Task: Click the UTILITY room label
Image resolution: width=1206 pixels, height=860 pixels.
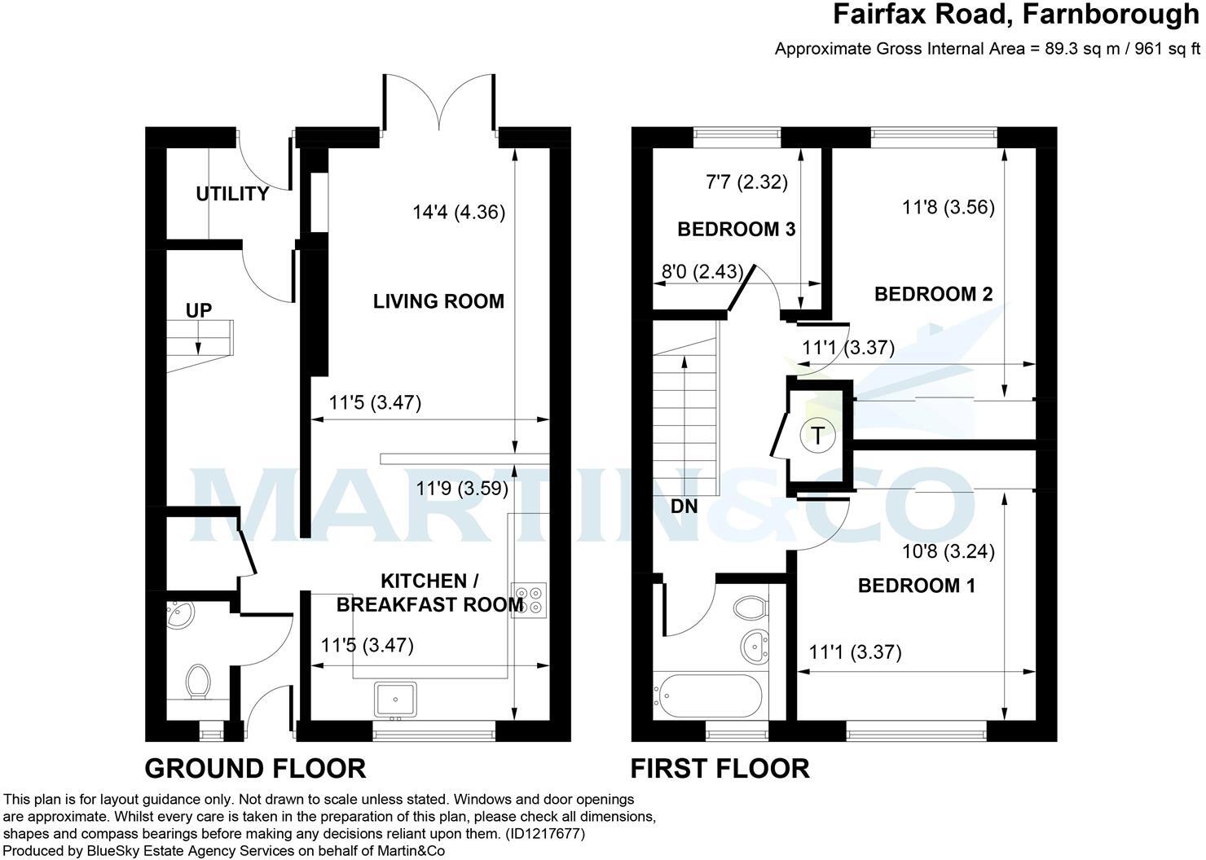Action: (x=232, y=194)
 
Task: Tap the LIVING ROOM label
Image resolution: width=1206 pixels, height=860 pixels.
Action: (x=438, y=301)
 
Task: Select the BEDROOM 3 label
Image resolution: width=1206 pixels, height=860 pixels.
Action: (x=736, y=230)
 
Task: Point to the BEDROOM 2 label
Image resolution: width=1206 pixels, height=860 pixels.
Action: (x=933, y=294)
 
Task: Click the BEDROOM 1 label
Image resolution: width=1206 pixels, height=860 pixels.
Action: (x=916, y=586)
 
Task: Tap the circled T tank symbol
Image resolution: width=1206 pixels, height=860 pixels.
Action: (x=817, y=435)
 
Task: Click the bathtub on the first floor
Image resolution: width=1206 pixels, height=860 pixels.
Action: (x=708, y=697)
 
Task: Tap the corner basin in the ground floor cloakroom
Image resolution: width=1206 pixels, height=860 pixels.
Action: (x=177, y=616)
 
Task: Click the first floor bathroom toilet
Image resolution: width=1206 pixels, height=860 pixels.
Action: (x=750, y=608)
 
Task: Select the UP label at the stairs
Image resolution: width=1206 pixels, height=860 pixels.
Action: (x=199, y=310)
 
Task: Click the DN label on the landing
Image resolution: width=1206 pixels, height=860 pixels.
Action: (x=684, y=506)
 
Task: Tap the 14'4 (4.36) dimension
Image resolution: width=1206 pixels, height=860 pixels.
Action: (x=459, y=213)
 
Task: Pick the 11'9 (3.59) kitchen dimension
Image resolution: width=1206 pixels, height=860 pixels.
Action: (x=462, y=489)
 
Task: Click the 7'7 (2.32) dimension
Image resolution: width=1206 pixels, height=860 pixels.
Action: (x=746, y=182)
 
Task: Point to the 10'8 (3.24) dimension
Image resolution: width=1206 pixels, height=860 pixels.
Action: (x=949, y=553)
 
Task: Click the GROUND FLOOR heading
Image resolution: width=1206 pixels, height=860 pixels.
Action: (x=255, y=768)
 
